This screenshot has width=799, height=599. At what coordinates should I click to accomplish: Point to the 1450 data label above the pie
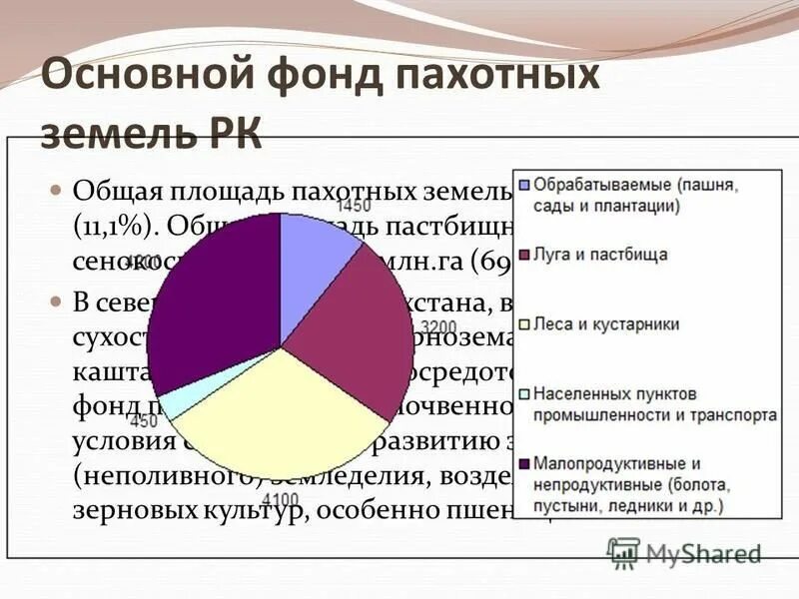point(354,206)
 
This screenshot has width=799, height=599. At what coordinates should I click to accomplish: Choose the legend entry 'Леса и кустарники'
point(606,324)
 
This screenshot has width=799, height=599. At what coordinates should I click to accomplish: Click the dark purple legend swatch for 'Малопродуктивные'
point(522,464)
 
